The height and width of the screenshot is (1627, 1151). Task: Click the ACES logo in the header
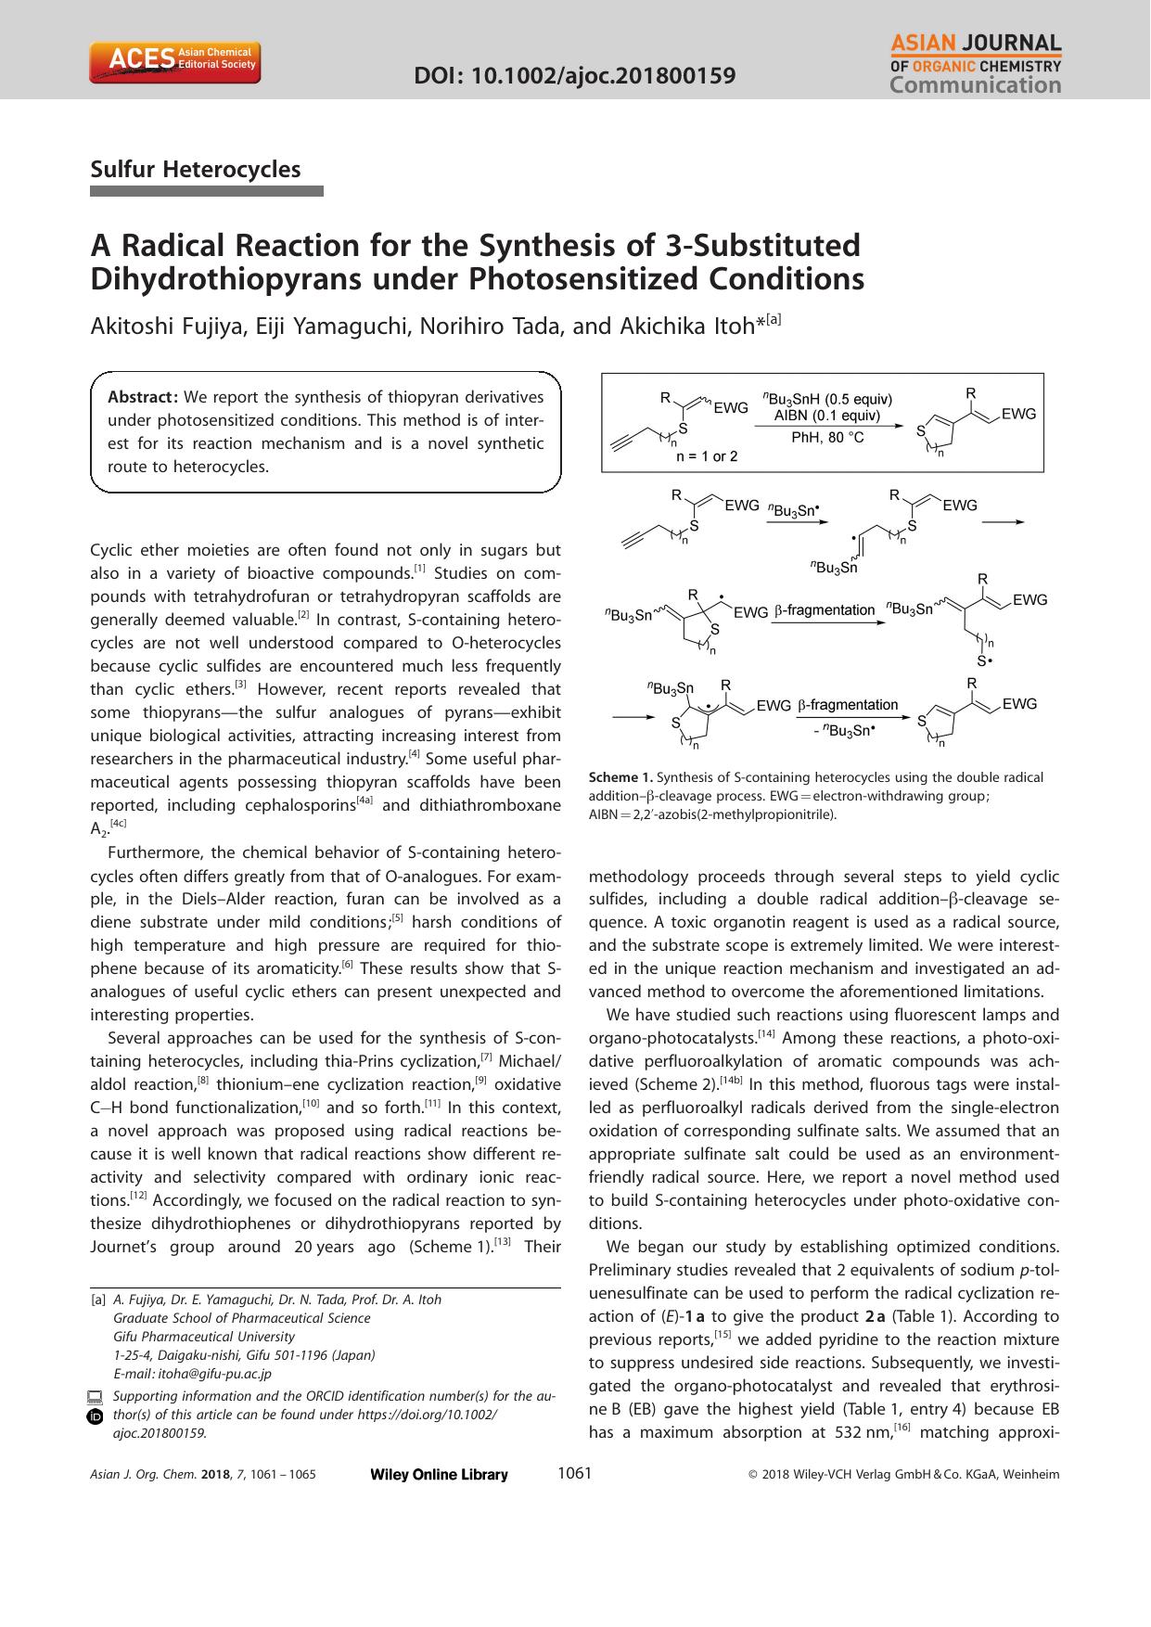tap(175, 61)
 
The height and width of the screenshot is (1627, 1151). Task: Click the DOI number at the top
tap(574, 75)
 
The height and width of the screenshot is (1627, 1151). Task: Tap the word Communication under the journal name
tap(975, 85)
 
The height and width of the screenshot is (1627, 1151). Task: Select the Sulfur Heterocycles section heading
tap(196, 169)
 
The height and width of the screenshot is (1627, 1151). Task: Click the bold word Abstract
tap(143, 397)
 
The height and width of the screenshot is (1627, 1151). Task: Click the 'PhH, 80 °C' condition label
tap(827, 436)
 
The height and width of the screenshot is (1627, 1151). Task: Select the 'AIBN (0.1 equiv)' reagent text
tap(827, 416)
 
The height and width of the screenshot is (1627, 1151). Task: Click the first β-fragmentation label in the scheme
tap(825, 609)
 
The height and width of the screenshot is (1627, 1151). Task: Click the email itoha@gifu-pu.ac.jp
tap(214, 1374)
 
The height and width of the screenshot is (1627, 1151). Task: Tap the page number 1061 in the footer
tap(574, 1473)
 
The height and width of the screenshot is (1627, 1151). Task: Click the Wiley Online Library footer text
tap(438, 1475)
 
